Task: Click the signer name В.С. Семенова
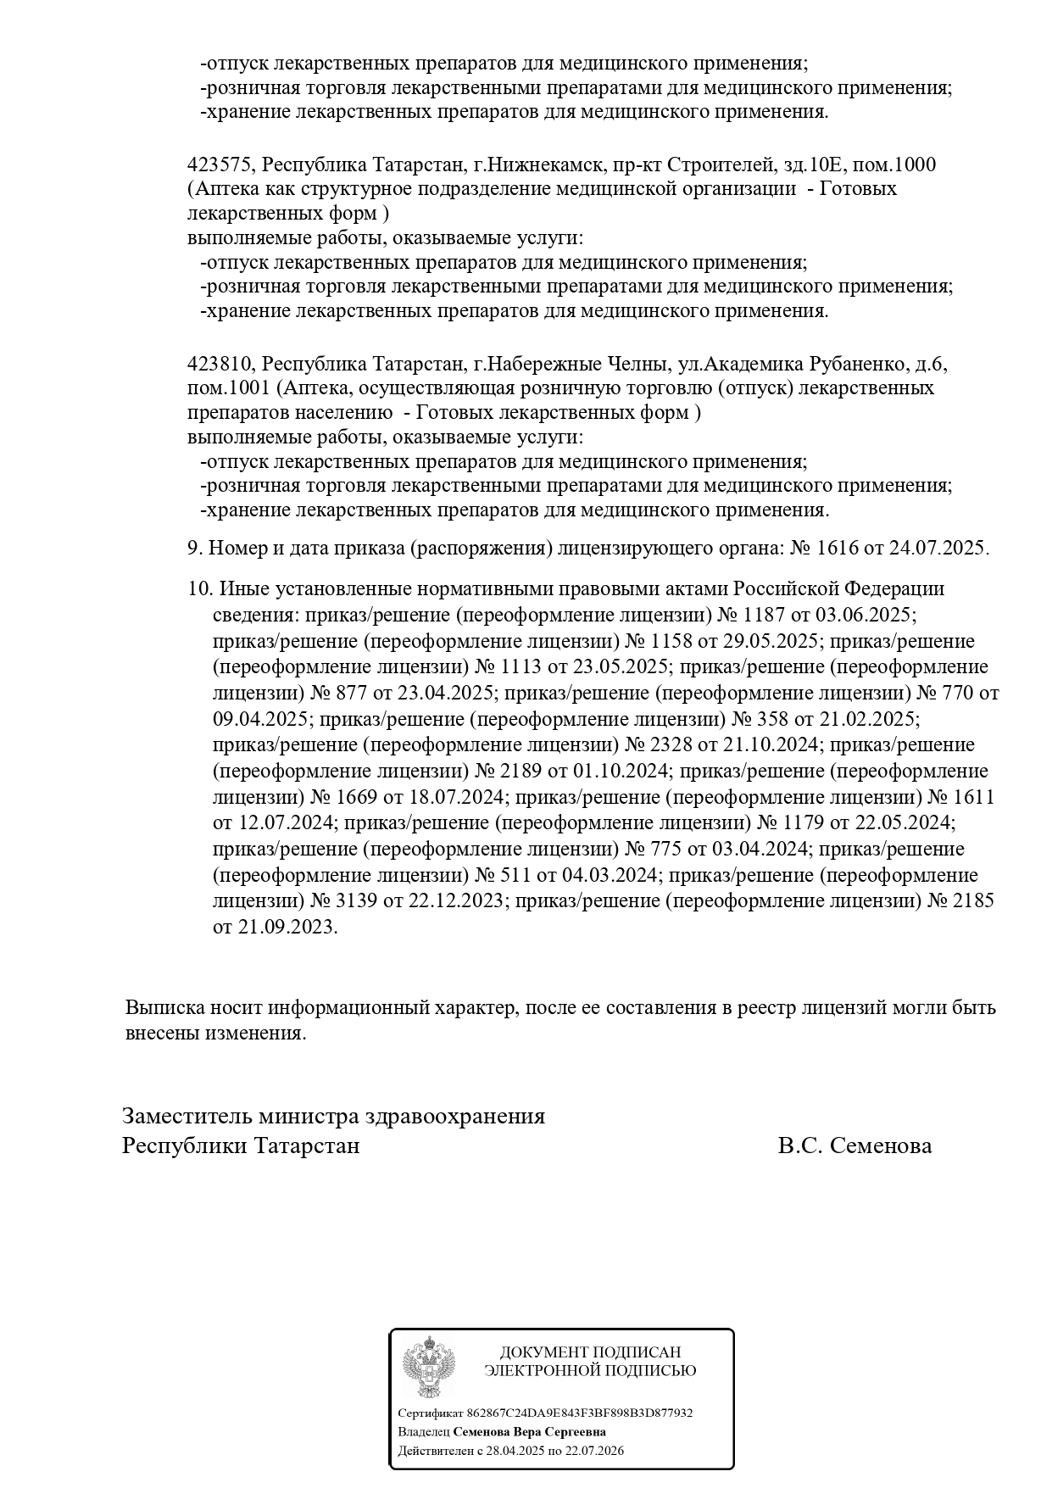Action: [854, 1146]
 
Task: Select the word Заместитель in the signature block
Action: [187, 1116]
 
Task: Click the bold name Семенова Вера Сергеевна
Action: [529, 1432]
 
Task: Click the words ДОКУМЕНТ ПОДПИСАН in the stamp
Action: [590, 1352]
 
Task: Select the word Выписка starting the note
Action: [163, 1008]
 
